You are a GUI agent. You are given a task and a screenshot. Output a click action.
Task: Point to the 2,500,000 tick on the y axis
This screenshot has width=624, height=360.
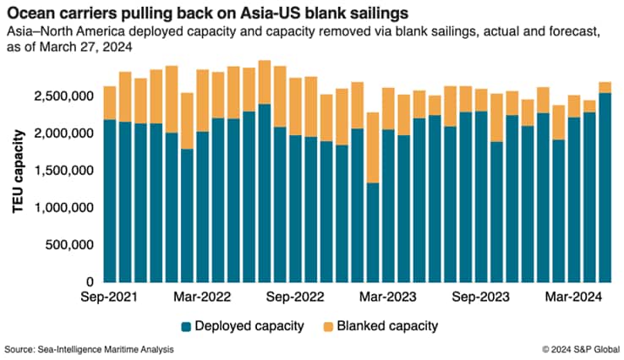(x=63, y=96)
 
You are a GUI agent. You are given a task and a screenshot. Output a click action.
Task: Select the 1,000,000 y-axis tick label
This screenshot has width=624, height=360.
(x=63, y=208)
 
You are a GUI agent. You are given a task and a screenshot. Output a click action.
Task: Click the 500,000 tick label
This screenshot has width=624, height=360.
(x=69, y=245)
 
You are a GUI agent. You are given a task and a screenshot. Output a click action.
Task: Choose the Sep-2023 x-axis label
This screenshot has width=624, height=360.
(x=480, y=297)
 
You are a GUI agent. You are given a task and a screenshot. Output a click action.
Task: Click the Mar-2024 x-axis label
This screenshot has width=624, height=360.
(x=572, y=297)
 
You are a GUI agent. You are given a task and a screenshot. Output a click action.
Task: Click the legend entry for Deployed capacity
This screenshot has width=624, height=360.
(x=246, y=325)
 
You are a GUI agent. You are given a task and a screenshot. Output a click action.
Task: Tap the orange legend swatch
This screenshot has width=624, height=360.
(x=327, y=325)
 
